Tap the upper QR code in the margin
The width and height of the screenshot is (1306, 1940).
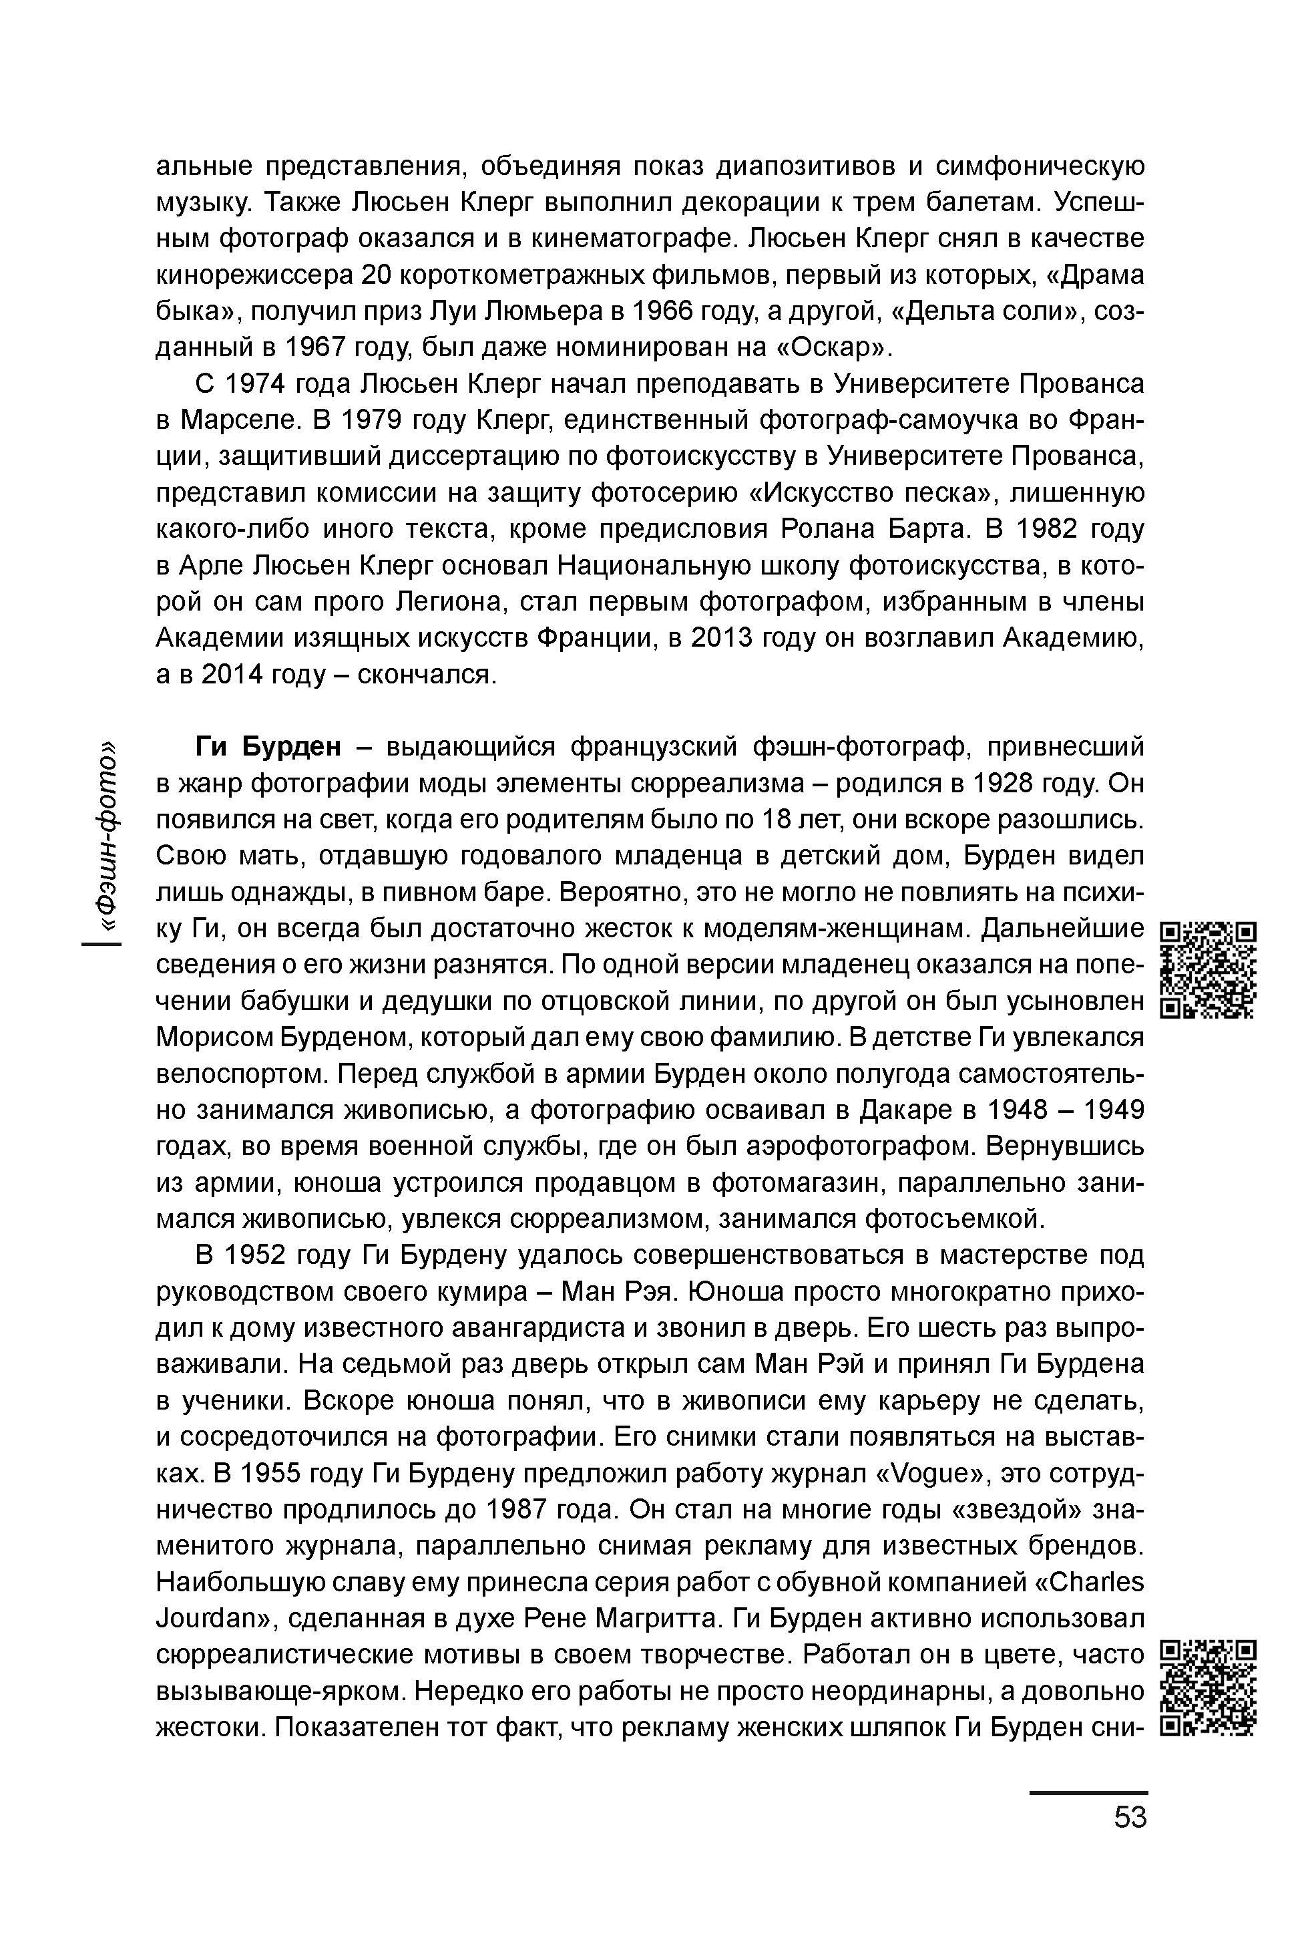point(1208,970)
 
